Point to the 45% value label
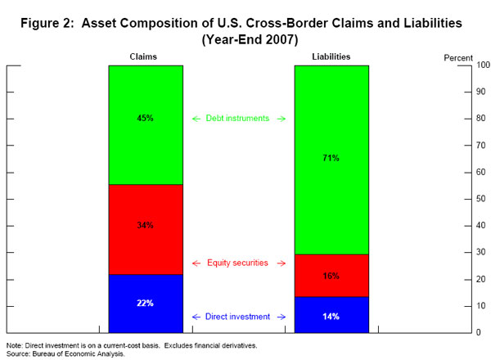click(145, 119)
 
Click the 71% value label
click(331, 158)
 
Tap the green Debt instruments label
click(237, 119)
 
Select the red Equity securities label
click(237, 263)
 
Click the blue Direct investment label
click(237, 317)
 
